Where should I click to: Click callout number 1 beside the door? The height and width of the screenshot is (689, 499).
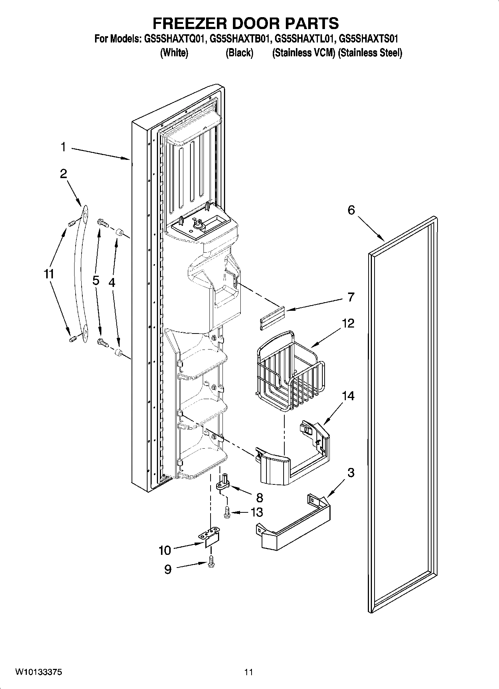pyautogui.click(x=63, y=147)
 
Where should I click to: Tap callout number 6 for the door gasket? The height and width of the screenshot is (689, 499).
pyautogui.click(x=351, y=210)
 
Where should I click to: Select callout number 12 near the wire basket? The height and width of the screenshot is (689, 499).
pyautogui.click(x=348, y=323)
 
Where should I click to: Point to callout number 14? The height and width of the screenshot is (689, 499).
pyautogui.click(x=348, y=396)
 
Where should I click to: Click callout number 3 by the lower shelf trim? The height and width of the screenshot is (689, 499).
pyautogui.click(x=351, y=473)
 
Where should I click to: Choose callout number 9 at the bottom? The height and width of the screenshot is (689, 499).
pyautogui.click(x=168, y=569)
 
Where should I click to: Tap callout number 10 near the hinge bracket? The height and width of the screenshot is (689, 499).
pyautogui.click(x=164, y=550)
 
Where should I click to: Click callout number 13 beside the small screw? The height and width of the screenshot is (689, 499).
pyautogui.click(x=257, y=512)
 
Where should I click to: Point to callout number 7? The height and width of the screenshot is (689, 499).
pyautogui.click(x=351, y=297)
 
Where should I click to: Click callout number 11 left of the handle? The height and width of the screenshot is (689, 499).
pyautogui.click(x=49, y=274)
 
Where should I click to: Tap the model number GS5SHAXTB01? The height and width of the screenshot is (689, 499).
pyautogui.click(x=240, y=38)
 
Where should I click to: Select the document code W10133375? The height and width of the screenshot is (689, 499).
pyautogui.click(x=38, y=672)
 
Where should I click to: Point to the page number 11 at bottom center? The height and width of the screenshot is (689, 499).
pyautogui.click(x=249, y=672)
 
